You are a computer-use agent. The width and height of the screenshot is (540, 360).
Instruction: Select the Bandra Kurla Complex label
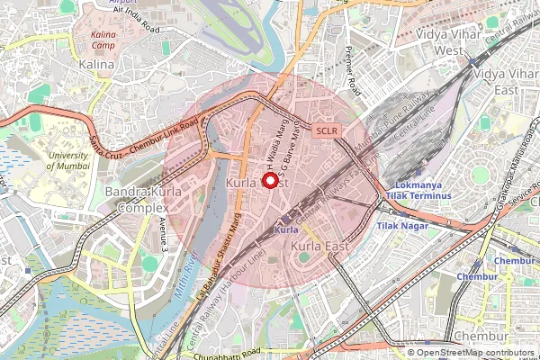click(136, 201)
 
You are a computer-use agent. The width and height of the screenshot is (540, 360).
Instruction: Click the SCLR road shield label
click(326, 130)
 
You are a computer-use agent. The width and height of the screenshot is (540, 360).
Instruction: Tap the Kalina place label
click(97, 65)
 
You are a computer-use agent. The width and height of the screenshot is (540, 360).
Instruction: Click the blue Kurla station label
click(285, 230)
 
